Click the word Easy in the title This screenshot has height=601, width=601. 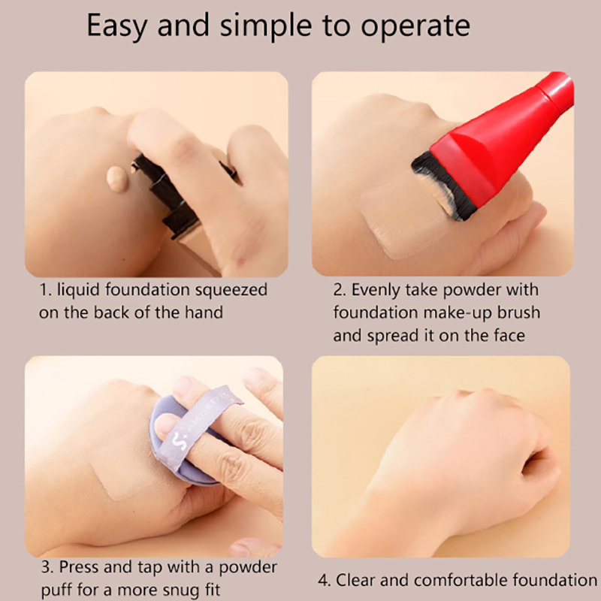coord(117,26)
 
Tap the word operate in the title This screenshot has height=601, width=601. coord(415,26)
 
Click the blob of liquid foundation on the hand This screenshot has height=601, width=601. coord(117,177)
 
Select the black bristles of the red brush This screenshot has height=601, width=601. coord(441,184)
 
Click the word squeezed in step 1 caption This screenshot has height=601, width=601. coord(231,291)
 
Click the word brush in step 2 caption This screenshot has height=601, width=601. coord(518,313)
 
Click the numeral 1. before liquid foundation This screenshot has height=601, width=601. coord(45,291)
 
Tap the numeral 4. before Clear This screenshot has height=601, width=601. coord(325,580)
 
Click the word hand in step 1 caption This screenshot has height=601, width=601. coord(204,313)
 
